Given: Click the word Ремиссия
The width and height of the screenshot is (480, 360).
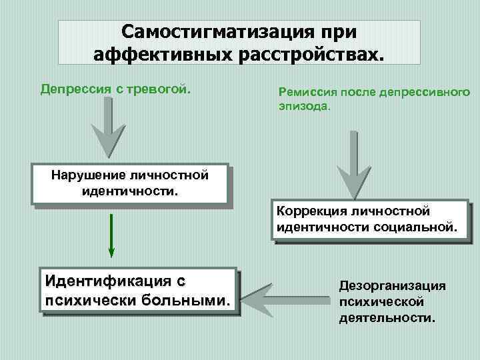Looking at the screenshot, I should tap(307, 93).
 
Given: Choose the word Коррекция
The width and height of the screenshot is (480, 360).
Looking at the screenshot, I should tap(311, 211).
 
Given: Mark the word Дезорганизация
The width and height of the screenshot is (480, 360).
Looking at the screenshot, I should tap(391, 285).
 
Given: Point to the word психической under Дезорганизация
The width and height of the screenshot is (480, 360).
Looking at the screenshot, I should tap(381, 301).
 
